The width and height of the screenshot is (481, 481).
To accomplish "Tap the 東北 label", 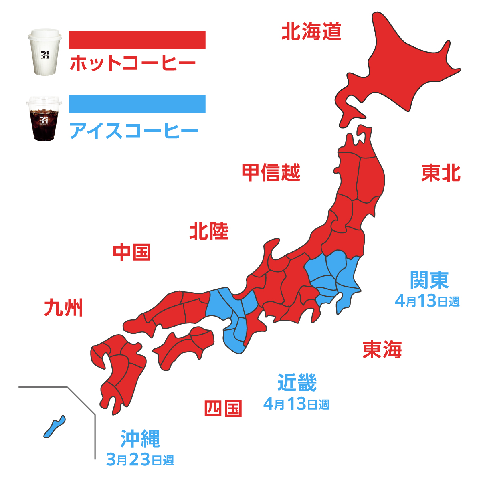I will (x=441, y=173).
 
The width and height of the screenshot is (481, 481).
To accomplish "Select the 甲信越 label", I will (x=271, y=172).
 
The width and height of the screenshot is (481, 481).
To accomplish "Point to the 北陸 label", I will (x=209, y=231).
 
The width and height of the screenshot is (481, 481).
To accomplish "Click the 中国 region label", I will (x=132, y=252).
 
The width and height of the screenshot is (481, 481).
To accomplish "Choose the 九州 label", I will (x=64, y=308).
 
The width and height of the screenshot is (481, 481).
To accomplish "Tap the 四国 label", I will (x=223, y=408).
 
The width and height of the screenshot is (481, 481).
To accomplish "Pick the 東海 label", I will (x=382, y=350).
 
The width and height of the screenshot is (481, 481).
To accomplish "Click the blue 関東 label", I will (x=429, y=280).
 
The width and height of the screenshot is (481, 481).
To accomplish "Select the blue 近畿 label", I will (x=297, y=382).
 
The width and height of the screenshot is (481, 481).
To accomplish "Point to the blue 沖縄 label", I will (x=140, y=439).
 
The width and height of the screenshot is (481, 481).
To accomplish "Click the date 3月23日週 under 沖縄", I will (x=140, y=459).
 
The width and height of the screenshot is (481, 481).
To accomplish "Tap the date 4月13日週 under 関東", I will (x=427, y=301).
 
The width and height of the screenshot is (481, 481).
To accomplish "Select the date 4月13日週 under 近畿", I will (x=296, y=404).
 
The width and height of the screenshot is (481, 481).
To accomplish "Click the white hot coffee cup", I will (x=45, y=52).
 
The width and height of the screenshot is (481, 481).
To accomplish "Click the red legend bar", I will (x=137, y=40).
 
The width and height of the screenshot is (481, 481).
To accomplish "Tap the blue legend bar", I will (x=137, y=104).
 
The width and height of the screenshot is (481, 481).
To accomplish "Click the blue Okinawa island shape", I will (x=54, y=426).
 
